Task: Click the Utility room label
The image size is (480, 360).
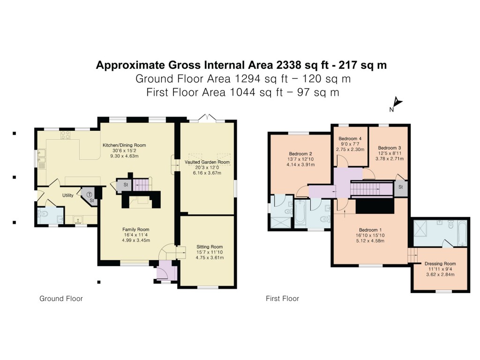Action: [68, 195]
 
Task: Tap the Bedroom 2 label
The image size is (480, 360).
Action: [300, 154]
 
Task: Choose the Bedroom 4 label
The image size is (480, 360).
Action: [350, 138]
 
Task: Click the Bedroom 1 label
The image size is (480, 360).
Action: [370, 230]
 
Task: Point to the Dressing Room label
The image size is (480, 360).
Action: [440, 264]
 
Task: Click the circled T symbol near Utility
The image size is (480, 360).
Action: [88, 193]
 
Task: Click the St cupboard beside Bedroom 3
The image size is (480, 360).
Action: [401, 187]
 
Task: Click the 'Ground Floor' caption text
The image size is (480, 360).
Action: [61, 299]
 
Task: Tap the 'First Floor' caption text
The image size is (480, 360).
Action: [282, 299]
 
